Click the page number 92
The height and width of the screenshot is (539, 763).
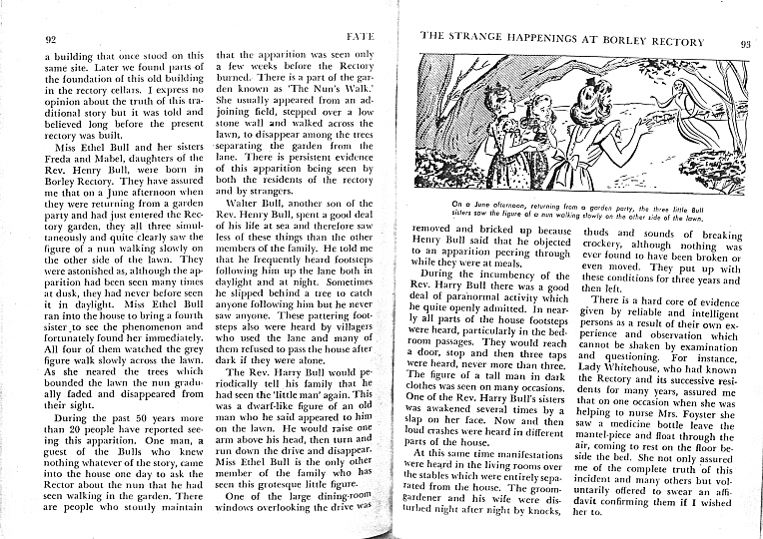(49, 39)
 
